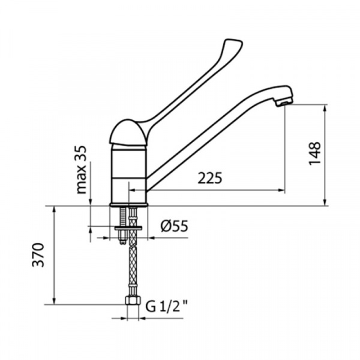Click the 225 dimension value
point(210,178)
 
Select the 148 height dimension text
point(314,154)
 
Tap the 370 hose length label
point(38,254)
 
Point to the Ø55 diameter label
point(175,226)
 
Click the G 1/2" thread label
point(167,307)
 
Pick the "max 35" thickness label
point(81,170)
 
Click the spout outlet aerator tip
point(284,103)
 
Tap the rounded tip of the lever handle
point(233,44)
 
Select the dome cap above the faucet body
point(128,133)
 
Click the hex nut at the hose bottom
point(133,301)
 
